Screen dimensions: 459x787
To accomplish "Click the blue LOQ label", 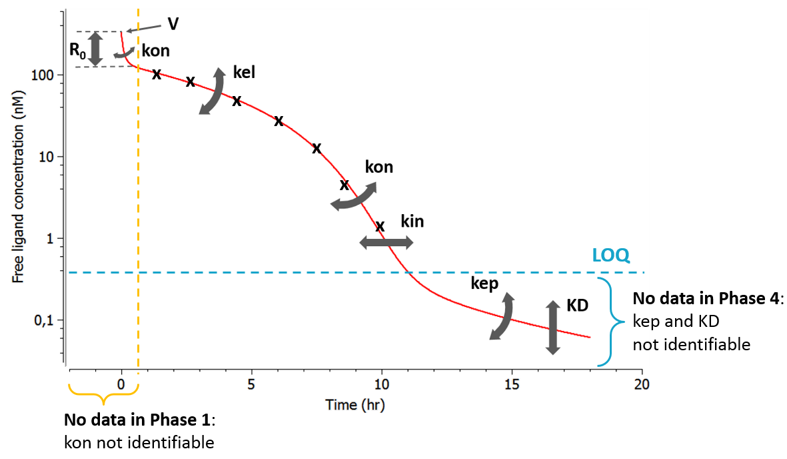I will (610, 256).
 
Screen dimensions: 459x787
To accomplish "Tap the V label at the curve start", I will (173, 24).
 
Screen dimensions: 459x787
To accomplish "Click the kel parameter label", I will (245, 71).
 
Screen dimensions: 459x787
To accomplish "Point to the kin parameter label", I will (412, 221).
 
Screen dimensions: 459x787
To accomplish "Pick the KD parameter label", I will (576, 306).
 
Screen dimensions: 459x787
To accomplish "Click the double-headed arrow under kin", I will (387, 243).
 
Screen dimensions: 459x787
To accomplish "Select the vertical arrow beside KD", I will (552, 327).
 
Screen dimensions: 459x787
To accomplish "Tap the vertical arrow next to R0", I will (96, 49).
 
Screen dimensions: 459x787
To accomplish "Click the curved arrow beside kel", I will (213, 91).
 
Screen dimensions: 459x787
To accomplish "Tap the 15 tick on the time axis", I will (512, 384).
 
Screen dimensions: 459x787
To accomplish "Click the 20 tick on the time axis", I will (642, 384).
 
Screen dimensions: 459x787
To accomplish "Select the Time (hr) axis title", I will (355, 405).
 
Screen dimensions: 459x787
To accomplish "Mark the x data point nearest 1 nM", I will (380, 226).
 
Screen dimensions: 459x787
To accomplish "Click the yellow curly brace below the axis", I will (103, 396).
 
